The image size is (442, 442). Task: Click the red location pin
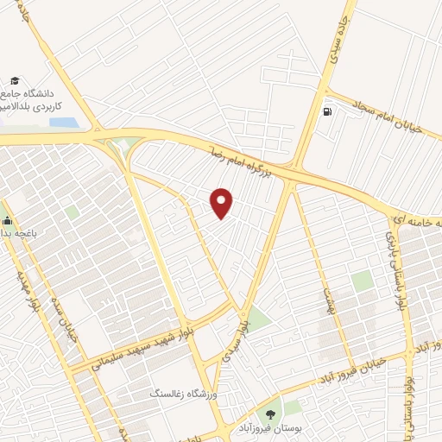coord(222,203)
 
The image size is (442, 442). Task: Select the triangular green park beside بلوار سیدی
coord(259,319)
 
